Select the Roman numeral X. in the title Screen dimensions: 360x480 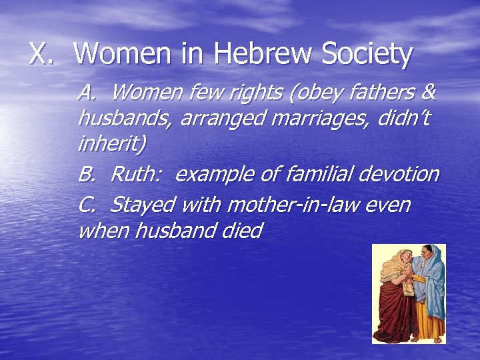42,53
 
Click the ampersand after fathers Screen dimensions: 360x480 430,91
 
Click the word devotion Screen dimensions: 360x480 399,174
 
